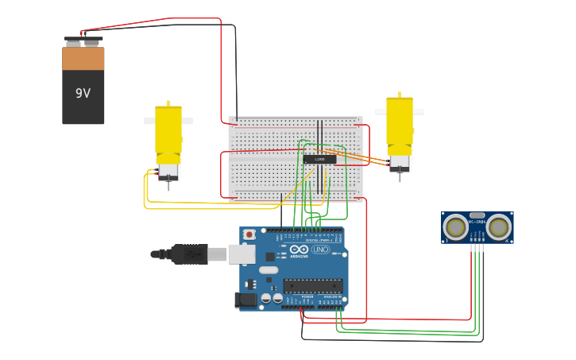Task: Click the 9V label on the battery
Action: (x=83, y=93)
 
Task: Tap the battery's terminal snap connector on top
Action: (x=83, y=40)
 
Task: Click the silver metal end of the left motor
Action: (x=168, y=172)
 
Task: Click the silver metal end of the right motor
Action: (x=400, y=163)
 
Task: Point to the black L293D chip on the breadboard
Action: (x=319, y=160)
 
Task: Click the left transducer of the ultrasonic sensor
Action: (x=456, y=227)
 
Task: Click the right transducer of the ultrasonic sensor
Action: (x=498, y=227)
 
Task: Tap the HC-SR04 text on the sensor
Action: (x=477, y=223)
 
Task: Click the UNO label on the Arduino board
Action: (x=321, y=250)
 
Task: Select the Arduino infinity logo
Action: (x=299, y=250)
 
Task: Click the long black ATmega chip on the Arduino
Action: (x=312, y=285)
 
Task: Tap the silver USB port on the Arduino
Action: (x=242, y=254)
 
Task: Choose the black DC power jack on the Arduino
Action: (x=246, y=300)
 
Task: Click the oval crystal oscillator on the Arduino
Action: (x=269, y=270)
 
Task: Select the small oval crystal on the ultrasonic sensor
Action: (x=477, y=215)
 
